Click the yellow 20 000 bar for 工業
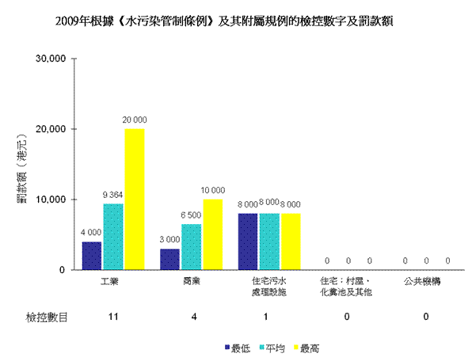click(135, 199)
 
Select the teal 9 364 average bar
click(113, 237)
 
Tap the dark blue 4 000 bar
click(92, 256)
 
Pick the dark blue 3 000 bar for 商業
click(169, 259)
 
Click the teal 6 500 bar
click(191, 247)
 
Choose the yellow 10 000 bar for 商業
click(213, 234)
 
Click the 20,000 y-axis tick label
click(51, 129)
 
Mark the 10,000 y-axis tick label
click(51, 199)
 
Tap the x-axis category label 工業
click(109, 282)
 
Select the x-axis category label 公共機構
click(422, 282)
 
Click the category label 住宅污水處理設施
click(269, 287)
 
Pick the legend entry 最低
click(238, 348)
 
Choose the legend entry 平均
click(272, 348)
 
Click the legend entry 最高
click(307, 348)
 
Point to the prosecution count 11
click(113, 317)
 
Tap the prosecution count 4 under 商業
click(194, 317)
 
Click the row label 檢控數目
click(47, 317)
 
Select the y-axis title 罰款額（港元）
click(22, 168)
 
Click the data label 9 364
click(112, 195)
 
